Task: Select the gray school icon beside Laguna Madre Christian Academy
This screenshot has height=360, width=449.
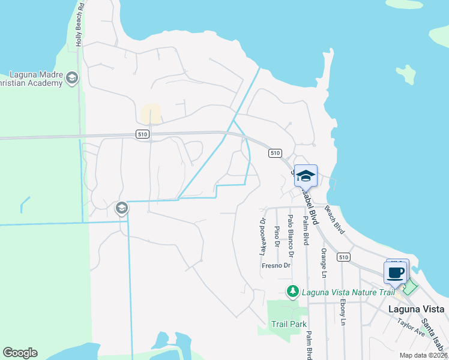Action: [72, 77]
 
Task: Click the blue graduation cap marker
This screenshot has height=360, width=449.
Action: [306, 176]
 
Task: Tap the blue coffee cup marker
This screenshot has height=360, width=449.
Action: [396, 272]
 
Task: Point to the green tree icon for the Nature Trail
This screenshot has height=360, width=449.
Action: [293, 292]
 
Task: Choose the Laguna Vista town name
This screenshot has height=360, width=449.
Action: [416, 309]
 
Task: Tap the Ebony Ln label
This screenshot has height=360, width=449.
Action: [343, 312]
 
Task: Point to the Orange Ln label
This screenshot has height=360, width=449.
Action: [324, 263]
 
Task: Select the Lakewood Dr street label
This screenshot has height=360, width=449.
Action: [262, 236]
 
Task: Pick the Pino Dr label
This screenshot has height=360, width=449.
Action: [277, 236]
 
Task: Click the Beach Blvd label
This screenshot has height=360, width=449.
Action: [334, 220]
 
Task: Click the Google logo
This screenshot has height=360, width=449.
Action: [20, 353]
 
